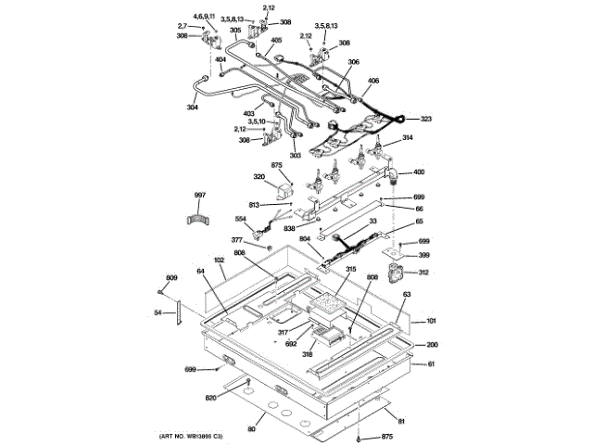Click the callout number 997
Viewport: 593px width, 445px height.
(x=198, y=195)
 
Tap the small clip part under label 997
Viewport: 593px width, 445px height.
(x=197, y=219)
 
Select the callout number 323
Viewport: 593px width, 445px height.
(x=426, y=120)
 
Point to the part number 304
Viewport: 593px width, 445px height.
(x=192, y=107)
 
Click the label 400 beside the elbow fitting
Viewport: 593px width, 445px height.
(x=419, y=172)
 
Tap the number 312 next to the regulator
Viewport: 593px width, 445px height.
(x=423, y=273)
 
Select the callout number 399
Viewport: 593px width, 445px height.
(x=423, y=255)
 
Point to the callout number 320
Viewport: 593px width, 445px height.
(x=259, y=177)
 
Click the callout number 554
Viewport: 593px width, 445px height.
(x=240, y=220)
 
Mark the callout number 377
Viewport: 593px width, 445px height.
(x=237, y=240)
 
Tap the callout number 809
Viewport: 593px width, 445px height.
(x=170, y=279)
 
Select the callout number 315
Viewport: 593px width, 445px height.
(x=324, y=270)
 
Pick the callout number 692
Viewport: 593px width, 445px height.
(x=291, y=344)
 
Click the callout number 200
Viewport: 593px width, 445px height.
(x=431, y=344)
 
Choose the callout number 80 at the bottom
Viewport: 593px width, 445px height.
(x=250, y=429)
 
